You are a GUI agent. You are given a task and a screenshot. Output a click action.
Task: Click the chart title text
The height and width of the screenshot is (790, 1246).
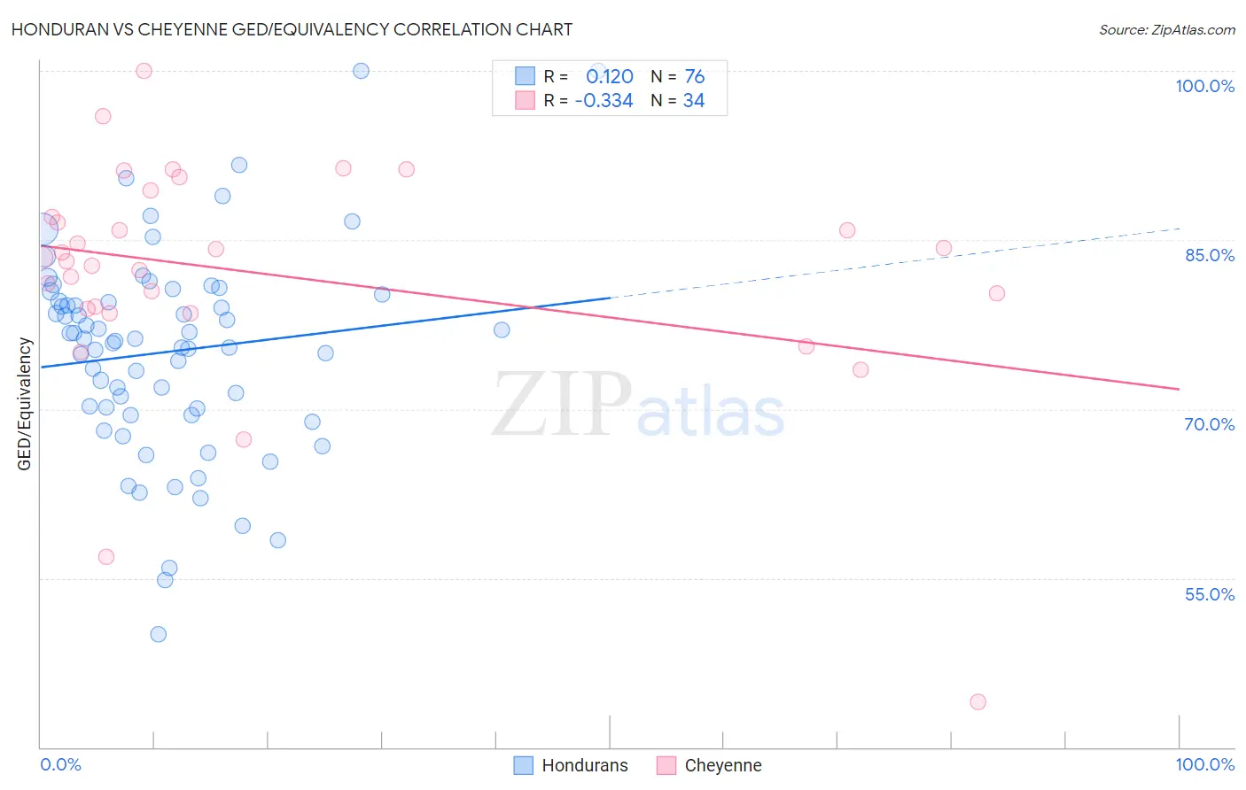(x=292, y=29)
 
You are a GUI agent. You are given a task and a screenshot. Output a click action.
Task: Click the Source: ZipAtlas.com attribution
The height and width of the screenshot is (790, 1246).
(x=1166, y=30)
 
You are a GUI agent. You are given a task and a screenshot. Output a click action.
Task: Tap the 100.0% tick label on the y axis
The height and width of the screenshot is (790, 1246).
(x=1204, y=86)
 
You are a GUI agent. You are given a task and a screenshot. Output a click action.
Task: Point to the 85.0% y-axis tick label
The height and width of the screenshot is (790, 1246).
(x=1209, y=255)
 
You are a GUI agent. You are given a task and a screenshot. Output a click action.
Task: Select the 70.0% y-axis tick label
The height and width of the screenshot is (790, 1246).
(x=1209, y=424)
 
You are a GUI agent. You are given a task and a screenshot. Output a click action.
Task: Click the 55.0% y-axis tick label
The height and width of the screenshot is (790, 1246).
(x=1209, y=594)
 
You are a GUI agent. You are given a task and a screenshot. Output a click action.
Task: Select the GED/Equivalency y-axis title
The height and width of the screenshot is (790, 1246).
(x=25, y=405)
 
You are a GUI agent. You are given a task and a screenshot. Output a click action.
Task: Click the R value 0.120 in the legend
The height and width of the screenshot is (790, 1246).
(x=609, y=77)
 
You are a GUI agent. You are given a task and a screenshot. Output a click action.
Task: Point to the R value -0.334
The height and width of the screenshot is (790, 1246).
(x=604, y=101)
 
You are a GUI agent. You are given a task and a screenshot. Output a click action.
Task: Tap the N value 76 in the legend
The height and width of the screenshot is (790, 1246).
(x=694, y=77)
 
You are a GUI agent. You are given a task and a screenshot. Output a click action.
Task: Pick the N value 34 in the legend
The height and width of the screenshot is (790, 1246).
(x=694, y=101)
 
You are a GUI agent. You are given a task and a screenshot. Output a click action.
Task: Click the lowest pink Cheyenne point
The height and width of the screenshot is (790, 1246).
(x=977, y=702)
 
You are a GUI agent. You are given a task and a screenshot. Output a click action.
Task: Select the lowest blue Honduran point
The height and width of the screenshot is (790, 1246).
(x=159, y=634)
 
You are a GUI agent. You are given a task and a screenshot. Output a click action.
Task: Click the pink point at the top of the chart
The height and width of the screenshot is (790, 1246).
(x=144, y=71)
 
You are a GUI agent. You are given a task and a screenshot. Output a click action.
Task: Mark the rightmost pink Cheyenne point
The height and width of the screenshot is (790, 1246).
(x=997, y=294)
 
